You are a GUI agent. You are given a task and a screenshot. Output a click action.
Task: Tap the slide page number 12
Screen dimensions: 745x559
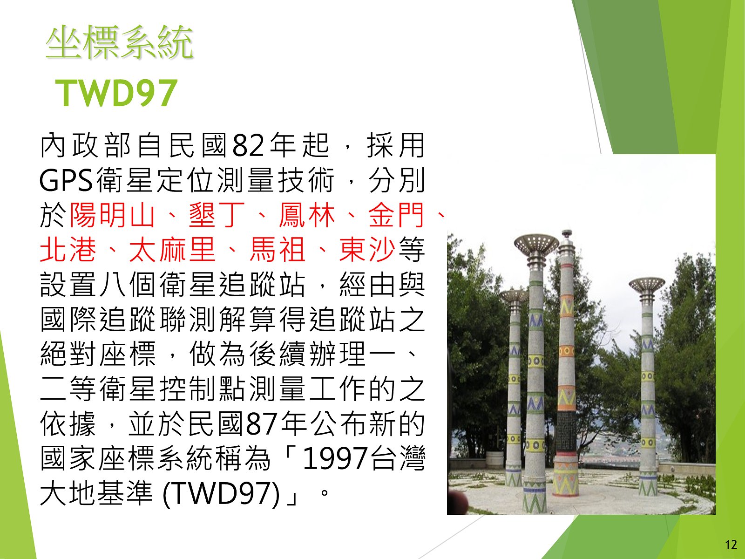click(731, 545)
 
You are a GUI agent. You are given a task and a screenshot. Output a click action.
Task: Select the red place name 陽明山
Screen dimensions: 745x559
click(112, 214)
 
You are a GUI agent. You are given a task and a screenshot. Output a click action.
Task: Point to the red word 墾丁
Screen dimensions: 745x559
click(217, 214)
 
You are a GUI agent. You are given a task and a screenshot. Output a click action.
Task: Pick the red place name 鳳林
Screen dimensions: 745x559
click(306, 214)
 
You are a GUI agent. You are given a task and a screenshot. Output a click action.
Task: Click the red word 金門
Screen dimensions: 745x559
click(396, 214)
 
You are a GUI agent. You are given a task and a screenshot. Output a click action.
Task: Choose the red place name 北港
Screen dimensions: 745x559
click(68, 250)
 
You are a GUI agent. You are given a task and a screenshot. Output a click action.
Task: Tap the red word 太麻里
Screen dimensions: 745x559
click(172, 250)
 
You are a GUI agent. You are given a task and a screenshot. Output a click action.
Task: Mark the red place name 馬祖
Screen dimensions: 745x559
click(277, 250)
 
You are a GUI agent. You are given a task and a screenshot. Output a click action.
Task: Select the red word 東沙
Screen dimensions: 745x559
click(367, 250)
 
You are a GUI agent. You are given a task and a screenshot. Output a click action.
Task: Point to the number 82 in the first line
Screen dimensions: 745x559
click(247, 146)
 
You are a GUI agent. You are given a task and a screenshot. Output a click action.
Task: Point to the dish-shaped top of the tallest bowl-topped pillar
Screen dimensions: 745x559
click(536, 244)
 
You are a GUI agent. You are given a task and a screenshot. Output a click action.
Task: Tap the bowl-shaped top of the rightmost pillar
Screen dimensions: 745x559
click(647, 285)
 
